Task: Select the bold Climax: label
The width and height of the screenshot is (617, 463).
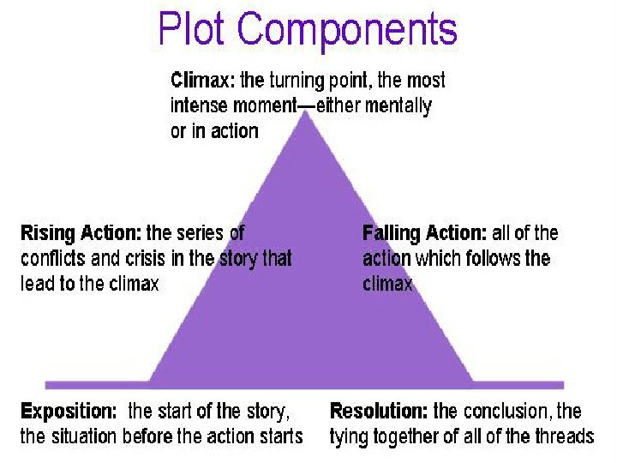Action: click(203, 81)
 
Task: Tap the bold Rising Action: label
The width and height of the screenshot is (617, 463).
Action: click(81, 232)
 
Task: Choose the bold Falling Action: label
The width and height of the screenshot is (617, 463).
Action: click(424, 232)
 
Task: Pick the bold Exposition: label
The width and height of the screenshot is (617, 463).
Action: click(69, 411)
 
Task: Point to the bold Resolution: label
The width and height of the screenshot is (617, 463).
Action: click(379, 411)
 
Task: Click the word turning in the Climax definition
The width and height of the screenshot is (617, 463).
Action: click(299, 81)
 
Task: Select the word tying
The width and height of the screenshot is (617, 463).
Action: click(349, 437)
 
